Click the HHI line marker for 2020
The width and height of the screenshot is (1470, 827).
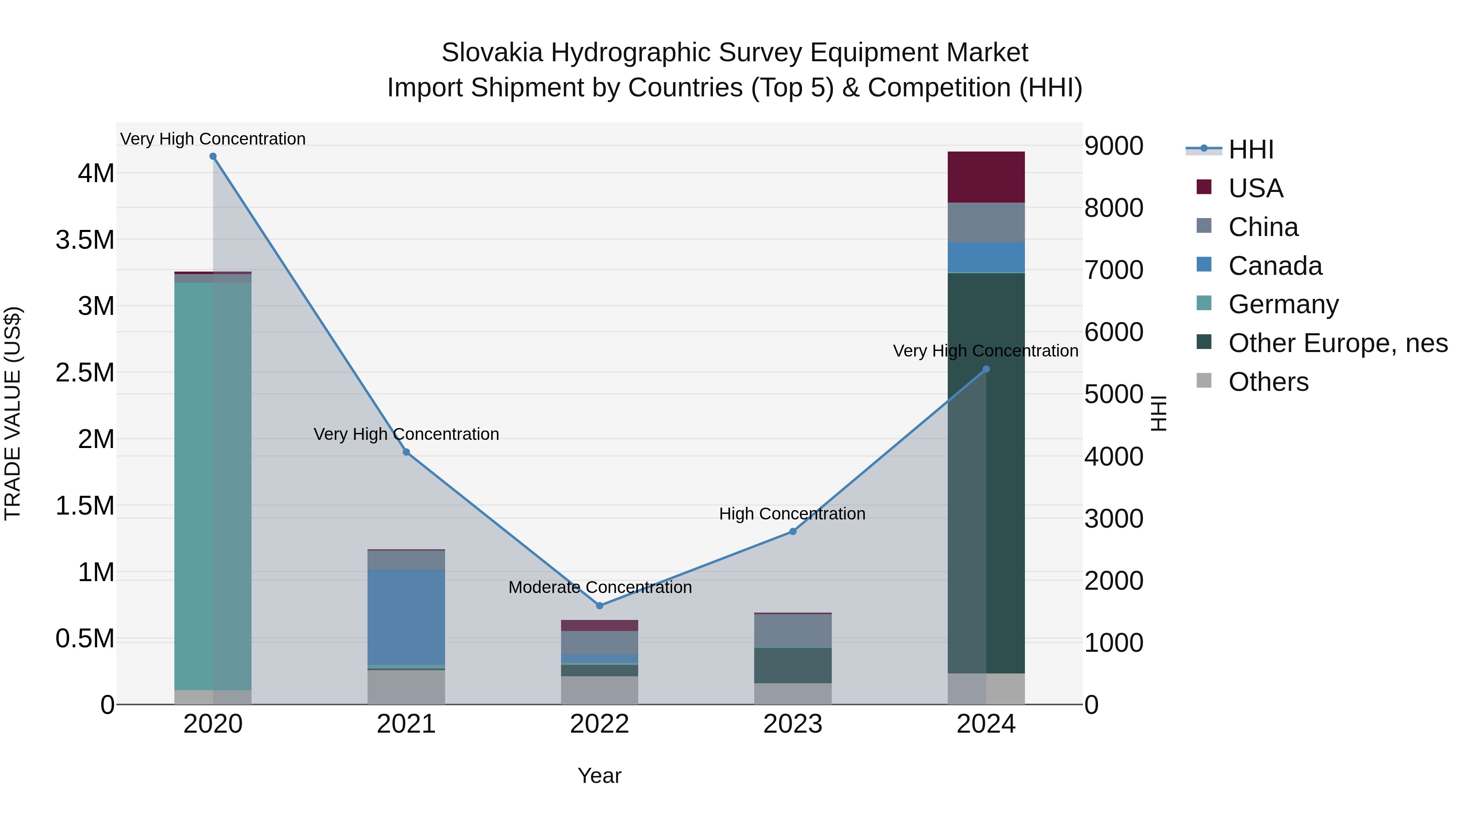213,156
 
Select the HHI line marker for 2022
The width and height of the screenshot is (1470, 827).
599,606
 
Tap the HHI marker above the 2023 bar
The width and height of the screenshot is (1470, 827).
793,531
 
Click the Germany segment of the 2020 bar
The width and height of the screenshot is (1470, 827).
213,485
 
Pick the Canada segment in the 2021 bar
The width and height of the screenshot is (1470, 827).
406,616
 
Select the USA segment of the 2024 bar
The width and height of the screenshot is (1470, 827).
986,177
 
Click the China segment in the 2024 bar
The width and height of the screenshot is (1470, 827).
986,222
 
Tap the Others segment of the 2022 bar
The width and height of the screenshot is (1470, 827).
599,690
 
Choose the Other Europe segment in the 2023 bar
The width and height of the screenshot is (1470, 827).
793,665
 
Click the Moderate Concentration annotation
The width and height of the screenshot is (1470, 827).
600,587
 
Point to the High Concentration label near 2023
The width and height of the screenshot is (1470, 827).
792,514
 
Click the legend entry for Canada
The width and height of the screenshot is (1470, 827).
1274,266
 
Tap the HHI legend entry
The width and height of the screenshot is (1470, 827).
1250,149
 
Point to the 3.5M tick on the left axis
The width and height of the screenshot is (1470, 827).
85,240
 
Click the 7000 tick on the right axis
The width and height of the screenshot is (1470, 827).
1114,270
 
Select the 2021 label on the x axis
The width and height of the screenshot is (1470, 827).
406,724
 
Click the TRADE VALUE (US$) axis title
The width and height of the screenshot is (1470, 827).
13,413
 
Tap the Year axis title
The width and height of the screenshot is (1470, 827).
599,776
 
